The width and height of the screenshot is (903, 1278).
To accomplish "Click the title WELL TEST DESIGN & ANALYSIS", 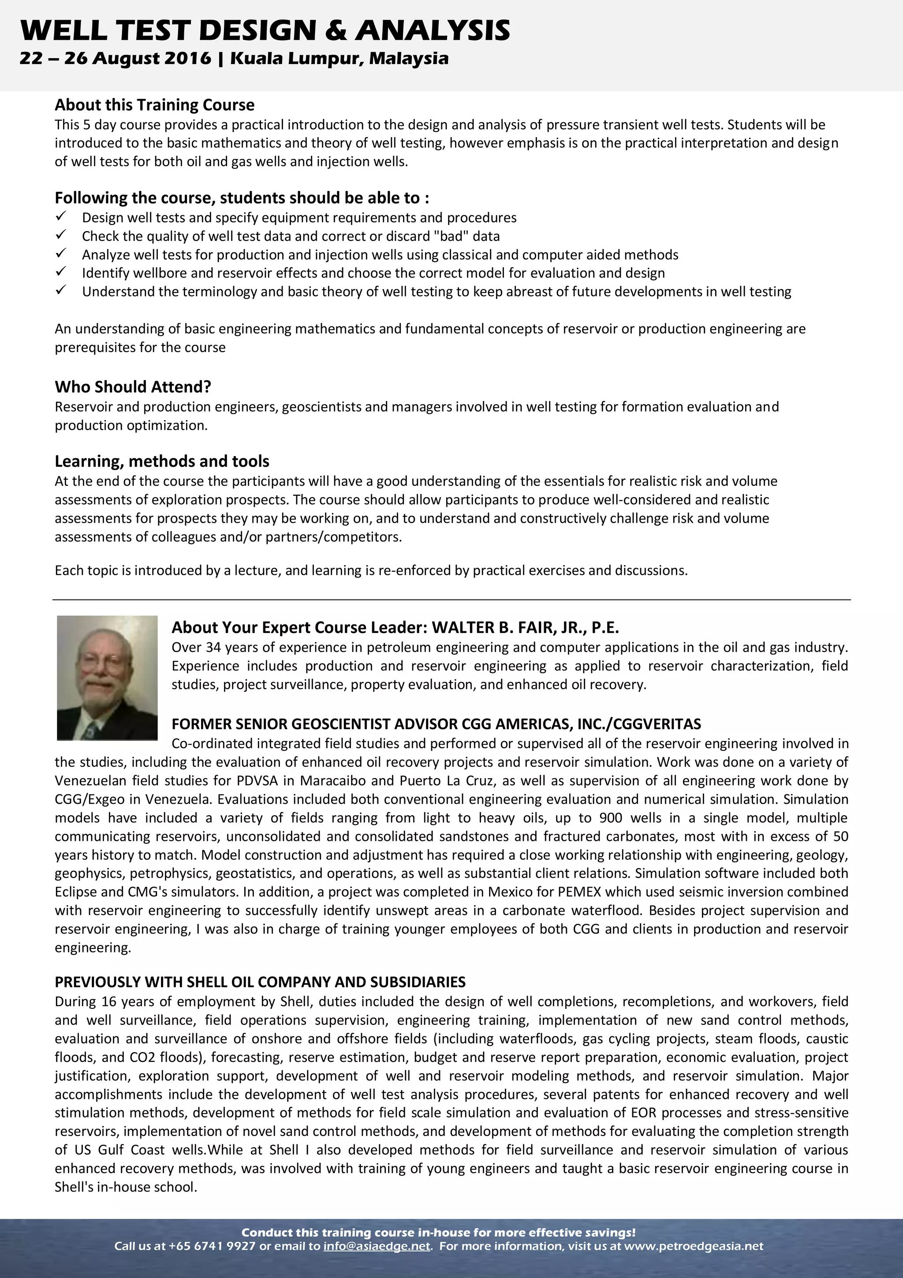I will coord(265,30).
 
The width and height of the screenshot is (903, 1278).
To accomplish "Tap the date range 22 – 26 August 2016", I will coord(115,58).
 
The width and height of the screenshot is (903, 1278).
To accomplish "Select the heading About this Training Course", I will coord(154,105).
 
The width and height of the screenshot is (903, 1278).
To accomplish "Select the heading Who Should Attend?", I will coord(132,387).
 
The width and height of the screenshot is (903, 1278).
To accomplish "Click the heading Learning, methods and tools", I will coord(161,461).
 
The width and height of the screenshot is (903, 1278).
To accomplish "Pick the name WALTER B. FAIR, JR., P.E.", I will coord(525,627).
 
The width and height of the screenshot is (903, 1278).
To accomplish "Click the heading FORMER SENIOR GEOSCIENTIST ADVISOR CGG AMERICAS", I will coord(436,723).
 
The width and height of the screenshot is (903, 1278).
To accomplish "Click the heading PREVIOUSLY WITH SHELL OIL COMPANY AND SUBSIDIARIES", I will coord(260,982).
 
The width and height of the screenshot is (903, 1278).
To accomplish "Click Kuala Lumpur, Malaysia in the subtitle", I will coord(339,58).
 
